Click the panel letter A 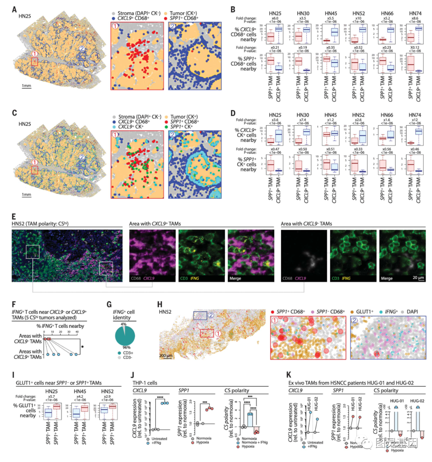click(14, 9)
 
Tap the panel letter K click(289, 374)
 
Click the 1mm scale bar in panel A click(26, 86)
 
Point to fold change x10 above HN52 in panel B click(358, 18)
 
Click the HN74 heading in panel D click(414, 115)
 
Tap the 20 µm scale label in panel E click(418, 278)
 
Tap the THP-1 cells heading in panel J click(145, 383)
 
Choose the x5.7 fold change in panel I click(52, 396)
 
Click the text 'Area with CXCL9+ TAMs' click(155, 224)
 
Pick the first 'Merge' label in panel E click(235, 278)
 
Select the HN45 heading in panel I click(80, 391)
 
